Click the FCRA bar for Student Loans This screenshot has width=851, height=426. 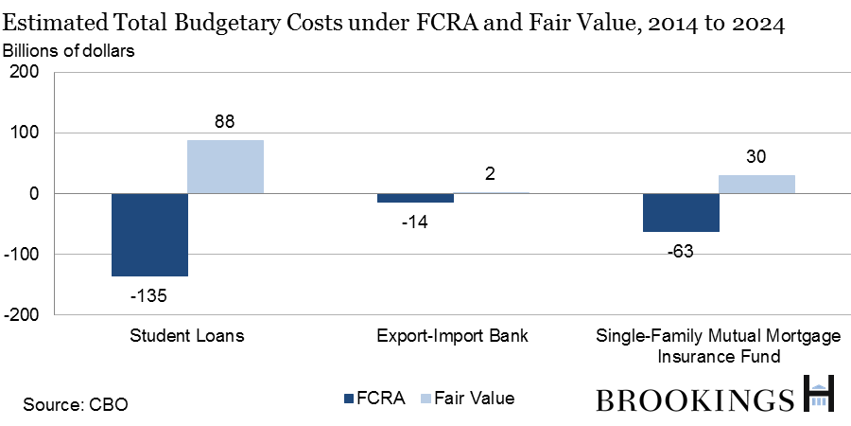pyautogui.click(x=149, y=235)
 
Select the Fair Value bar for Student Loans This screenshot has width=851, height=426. pyautogui.click(x=225, y=167)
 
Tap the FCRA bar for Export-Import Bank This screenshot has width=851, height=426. pyautogui.click(x=415, y=198)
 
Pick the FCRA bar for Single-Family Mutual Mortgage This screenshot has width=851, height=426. pyautogui.click(x=681, y=212)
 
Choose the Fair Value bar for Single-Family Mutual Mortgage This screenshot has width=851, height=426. pyautogui.click(x=756, y=184)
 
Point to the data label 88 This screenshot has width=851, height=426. pyautogui.click(x=224, y=121)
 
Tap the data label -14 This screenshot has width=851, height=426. pyautogui.click(x=414, y=221)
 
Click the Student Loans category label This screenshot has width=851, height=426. pyautogui.click(x=186, y=337)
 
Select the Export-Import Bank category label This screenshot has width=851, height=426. pyautogui.click(x=452, y=337)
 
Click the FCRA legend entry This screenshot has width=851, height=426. pyautogui.click(x=377, y=399)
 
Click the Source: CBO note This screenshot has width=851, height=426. pyautogui.click(x=76, y=404)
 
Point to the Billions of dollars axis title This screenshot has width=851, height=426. pyautogui.click(x=72, y=50)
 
